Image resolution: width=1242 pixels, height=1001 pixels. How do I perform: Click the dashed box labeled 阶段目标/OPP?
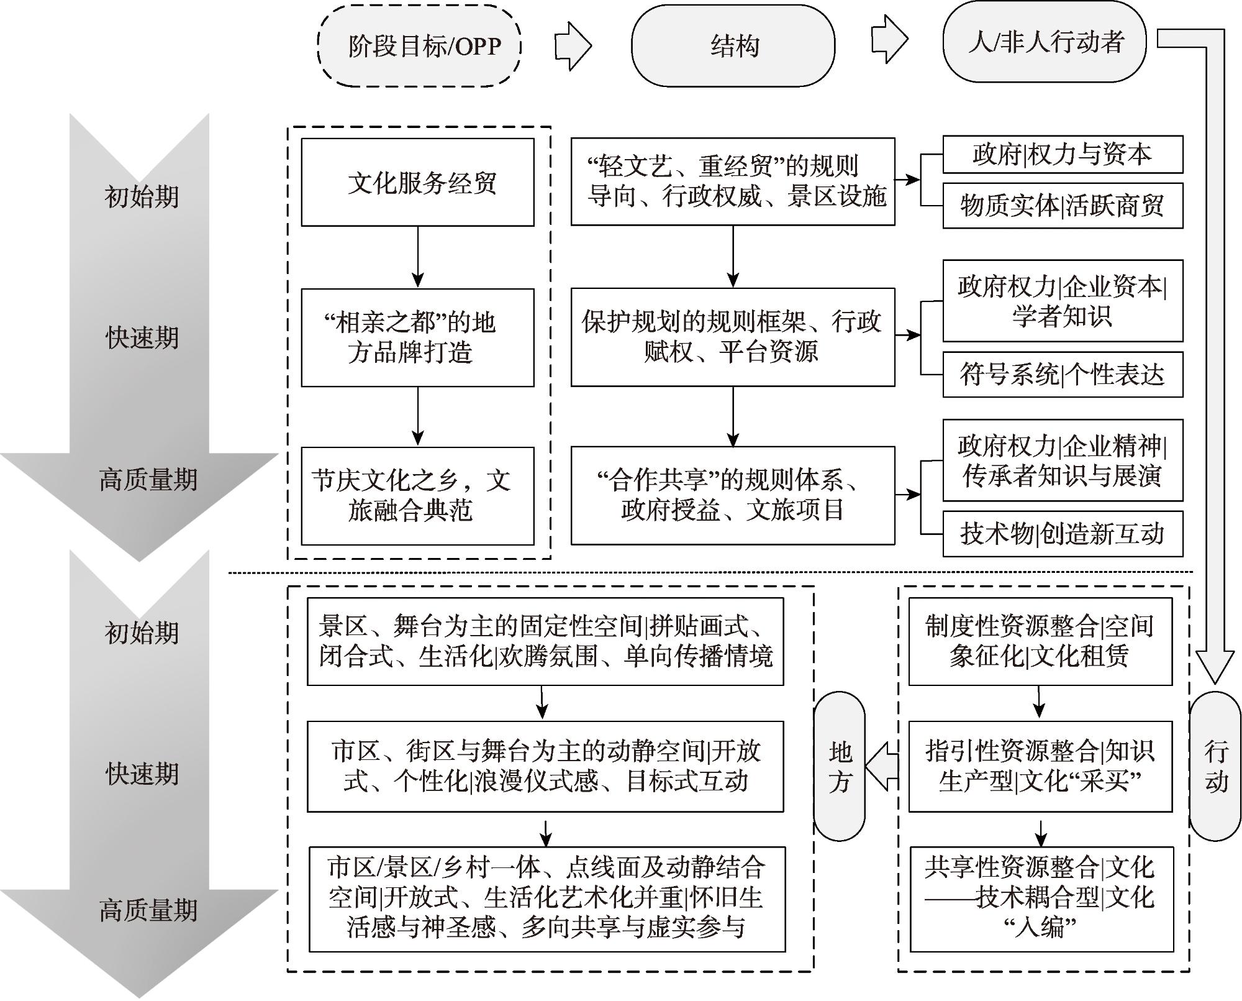pyautogui.click(x=419, y=45)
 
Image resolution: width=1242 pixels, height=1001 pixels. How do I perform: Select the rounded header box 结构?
pyautogui.click(x=733, y=45)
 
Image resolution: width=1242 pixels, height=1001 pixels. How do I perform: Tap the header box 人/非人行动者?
pyautogui.click(x=1045, y=42)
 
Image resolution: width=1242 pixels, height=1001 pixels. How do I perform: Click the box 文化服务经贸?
pyautogui.click(x=417, y=182)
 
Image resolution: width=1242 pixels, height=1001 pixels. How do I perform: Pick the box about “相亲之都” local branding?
pyautogui.click(x=417, y=337)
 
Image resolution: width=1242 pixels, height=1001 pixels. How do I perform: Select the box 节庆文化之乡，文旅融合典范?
pyautogui.click(x=417, y=496)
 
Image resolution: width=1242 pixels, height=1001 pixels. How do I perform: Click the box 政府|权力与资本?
pyautogui.click(x=1063, y=154)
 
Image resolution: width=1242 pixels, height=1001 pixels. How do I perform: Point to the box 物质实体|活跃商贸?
pyautogui.click(x=1063, y=206)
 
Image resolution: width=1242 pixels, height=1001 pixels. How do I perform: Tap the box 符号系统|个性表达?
pyautogui.click(x=1063, y=375)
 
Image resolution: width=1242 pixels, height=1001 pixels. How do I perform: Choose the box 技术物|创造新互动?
pyautogui.click(x=1063, y=534)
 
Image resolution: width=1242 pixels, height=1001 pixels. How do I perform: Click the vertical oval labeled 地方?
pyautogui.click(x=839, y=766)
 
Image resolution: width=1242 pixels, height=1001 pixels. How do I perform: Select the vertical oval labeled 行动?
pyautogui.click(x=1215, y=766)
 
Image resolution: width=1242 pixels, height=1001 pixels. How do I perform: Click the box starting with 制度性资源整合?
pyautogui.click(x=1040, y=641)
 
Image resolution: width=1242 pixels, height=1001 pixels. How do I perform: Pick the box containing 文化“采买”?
pyautogui.click(x=1040, y=766)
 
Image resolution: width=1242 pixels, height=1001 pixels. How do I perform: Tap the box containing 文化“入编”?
pyautogui.click(x=1041, y=898)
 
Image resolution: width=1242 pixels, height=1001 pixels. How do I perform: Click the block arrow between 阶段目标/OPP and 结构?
pyautogui.click(x=573, y=45)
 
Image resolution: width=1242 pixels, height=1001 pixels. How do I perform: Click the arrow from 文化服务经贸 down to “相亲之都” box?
pyautogui.click(x=418, y=257)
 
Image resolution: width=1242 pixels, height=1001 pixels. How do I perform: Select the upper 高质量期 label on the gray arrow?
pyautogui.click(x=148, y=480)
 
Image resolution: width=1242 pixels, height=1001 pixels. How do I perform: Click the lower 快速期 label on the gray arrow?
pyautogui.click(x=142, y=774)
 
